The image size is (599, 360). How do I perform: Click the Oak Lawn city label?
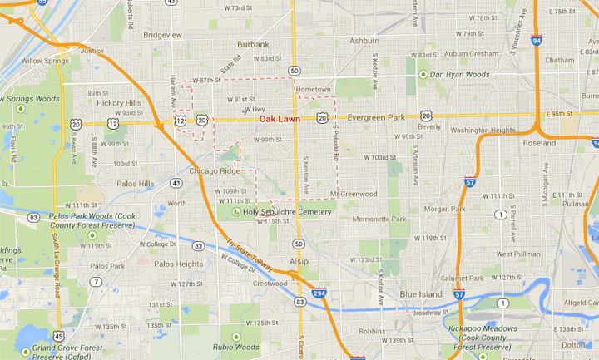[280, 119]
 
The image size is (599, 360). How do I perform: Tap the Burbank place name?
[253, 44]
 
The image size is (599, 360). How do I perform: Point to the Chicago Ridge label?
[215, 171]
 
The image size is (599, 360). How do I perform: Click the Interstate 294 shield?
[319, 293]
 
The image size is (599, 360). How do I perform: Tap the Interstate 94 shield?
[537, 40]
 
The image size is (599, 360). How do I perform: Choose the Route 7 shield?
[97, 282]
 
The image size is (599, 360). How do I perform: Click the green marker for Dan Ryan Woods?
[423, 75]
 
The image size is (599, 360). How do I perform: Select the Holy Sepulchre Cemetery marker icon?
[236, 212]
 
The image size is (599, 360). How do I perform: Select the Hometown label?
[314, 90]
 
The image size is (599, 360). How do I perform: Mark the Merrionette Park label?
[379, 219]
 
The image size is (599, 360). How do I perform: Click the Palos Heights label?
[179, 264]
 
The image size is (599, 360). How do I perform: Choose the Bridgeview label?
[162, 35]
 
